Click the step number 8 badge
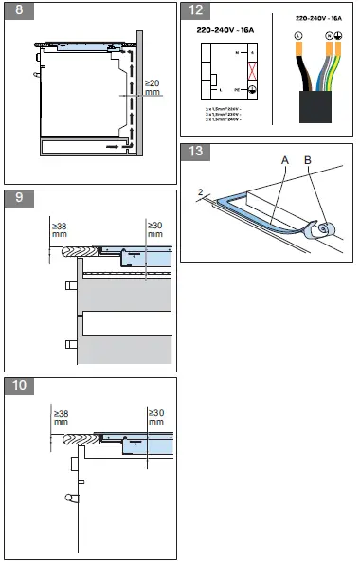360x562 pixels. (14, 11)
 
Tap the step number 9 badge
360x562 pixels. (14, 198)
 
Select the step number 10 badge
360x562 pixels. (17, 385)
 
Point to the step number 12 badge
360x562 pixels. (196, 11)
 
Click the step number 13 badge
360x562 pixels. (196, 152)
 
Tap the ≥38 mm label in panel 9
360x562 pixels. (61, 228)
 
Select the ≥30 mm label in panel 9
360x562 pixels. (155, 228)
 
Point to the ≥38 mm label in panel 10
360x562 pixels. (61, 417)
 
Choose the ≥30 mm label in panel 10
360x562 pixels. (155, 417)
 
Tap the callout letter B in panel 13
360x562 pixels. (309, 160)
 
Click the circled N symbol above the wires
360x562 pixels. (328, 35)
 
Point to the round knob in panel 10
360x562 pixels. (69, 497)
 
